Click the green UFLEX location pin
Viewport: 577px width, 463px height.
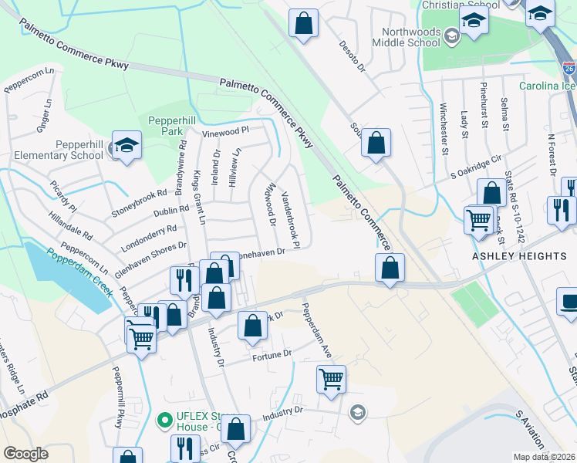[x=164, y=421]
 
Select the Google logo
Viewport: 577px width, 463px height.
[x=25, y=454]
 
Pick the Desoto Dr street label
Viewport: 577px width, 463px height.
[x=351, y=53]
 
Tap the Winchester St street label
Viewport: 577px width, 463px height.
[x=444, y=128]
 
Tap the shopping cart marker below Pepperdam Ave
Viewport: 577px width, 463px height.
[x=331, y=380]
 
